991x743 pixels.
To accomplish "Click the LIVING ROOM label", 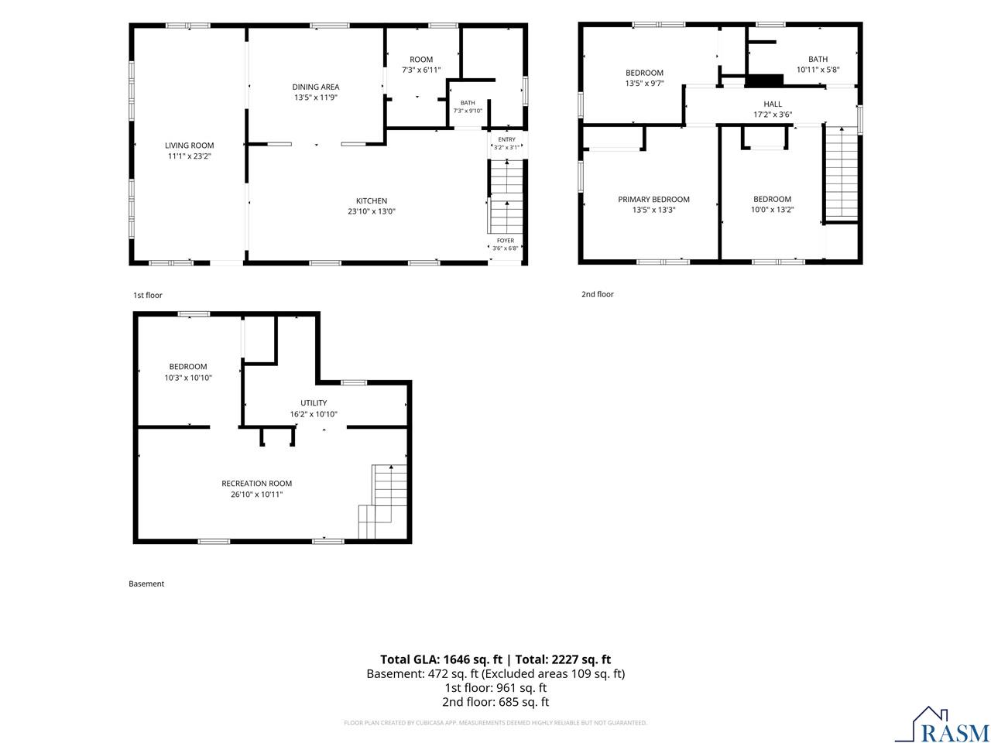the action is click(x=189, y=146).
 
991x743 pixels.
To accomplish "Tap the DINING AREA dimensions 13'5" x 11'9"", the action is click(x=316, y=98).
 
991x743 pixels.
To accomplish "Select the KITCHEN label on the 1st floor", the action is click(x=371, y=200).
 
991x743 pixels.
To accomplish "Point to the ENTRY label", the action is click(x=506, y=139).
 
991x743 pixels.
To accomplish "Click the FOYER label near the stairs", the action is click(x=506, y=241).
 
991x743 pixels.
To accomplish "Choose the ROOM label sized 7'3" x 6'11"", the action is click(x=420, y=60).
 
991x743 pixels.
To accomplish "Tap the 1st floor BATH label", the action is click(x=468, y=103).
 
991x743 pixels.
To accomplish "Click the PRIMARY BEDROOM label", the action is click(x=653, y=200).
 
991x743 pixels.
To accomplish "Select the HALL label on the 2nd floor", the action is click(x=773, y=104).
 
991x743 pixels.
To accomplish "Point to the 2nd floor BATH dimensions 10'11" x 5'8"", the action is click(x=818, y=70).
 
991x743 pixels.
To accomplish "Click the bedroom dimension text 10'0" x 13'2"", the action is click(x=772, y=210).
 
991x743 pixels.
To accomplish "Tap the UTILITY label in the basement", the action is click(x=314, y=403).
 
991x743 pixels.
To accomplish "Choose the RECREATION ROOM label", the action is click(x=256, y=483).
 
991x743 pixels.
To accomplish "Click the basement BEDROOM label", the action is click(x=188, y=367).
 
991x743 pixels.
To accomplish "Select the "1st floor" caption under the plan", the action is click(x=148, y=295).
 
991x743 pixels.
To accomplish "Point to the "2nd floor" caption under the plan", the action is click(x=597, y=294).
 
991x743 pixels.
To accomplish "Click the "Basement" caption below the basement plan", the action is click(x=146, y=584).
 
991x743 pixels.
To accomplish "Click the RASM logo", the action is click(x=947, y=724).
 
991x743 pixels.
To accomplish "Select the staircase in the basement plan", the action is click(x=383, y=502).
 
